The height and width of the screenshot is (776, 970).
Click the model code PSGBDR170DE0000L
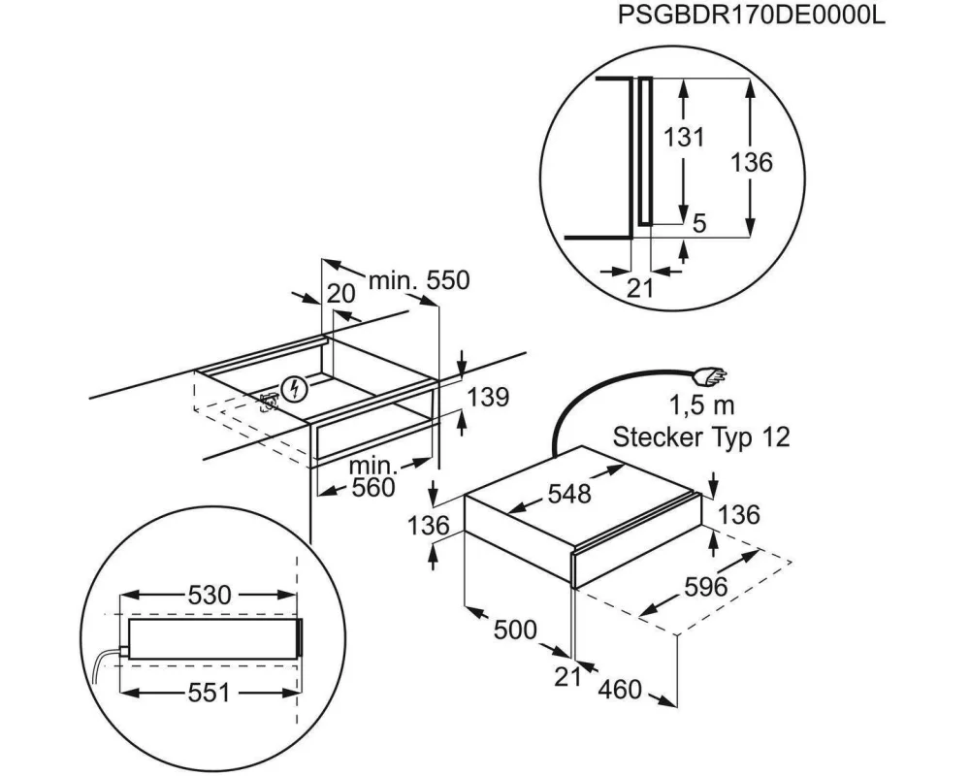point(752,16)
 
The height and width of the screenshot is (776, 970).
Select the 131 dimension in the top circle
point(684,138)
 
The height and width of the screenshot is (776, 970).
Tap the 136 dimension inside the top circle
point(752,162)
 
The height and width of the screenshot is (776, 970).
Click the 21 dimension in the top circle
point(641,287)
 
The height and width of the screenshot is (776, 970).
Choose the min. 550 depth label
point(418,281)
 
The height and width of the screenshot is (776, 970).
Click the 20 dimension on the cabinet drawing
point(340,293)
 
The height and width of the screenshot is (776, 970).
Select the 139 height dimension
point(487,398)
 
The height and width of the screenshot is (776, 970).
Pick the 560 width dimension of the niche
point(372,487)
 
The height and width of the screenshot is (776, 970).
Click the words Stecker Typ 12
point(701,437)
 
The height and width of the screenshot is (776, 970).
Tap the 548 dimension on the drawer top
point(568,494)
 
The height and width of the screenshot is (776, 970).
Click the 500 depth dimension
point(514,630)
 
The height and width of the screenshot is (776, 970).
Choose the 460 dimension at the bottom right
point(620,689)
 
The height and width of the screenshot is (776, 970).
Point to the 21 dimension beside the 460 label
point(566,677)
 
